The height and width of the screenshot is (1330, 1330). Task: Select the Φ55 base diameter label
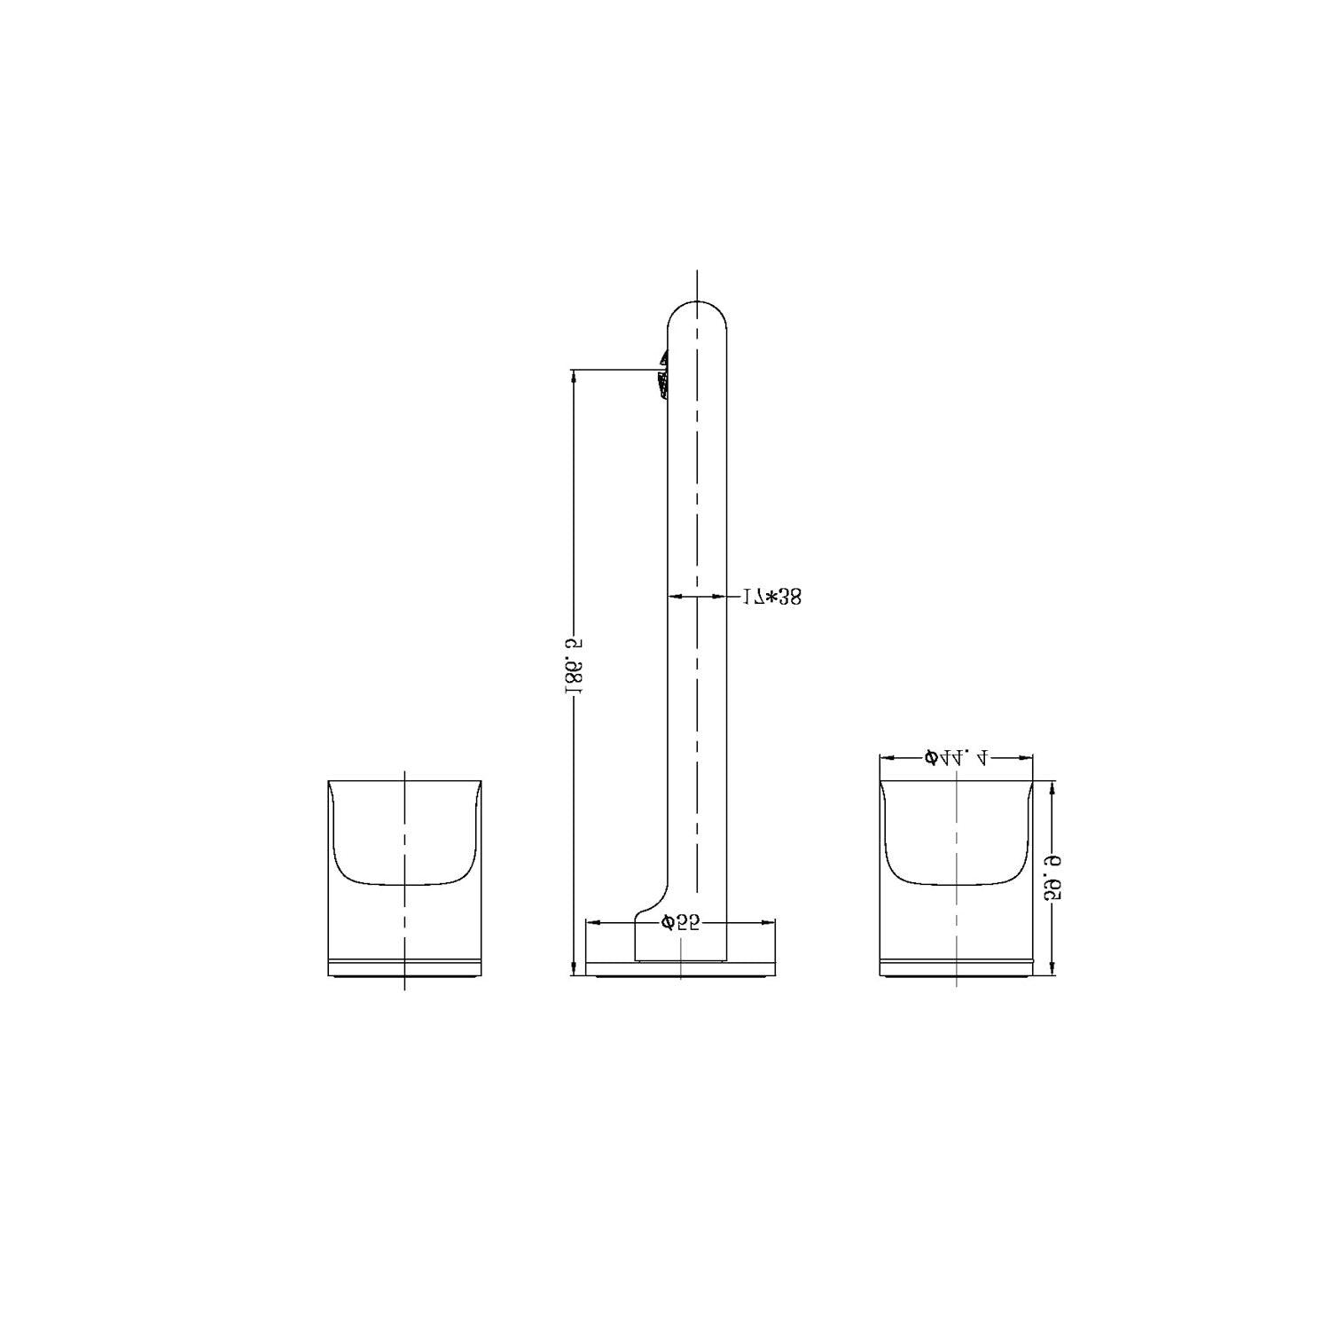[680, 923]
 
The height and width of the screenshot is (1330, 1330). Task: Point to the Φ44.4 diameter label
[956, 757]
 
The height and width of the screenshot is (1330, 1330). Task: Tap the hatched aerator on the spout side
[661, 377]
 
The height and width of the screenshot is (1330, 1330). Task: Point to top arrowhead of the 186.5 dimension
[575, 376]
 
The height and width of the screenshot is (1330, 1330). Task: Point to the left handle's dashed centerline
[404, 842]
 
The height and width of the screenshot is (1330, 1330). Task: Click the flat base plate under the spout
[680, 969]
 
